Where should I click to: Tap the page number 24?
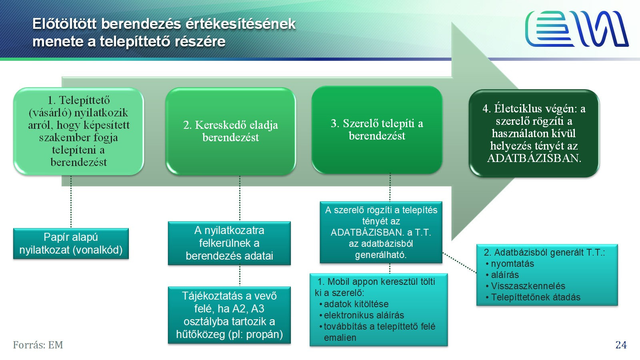coord(621,345)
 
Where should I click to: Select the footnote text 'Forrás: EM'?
coord(38,345)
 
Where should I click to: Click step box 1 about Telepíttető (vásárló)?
coord(78,132)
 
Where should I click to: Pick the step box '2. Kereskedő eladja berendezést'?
coord(230,132)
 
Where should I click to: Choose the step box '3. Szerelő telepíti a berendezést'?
coord(377,130)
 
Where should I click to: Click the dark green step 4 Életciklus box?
coord(534,133)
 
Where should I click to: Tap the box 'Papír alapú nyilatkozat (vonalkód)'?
coord(71,244)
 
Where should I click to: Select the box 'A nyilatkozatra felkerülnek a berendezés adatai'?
coord(229,243)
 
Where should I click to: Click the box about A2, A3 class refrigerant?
coord(229,315)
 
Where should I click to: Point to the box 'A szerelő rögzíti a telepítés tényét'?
coord(381,232)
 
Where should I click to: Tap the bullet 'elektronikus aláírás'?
coord(364,315)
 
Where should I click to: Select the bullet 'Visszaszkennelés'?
coord(528,286)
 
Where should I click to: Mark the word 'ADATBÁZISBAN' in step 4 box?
coord(534,158)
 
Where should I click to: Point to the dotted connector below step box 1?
coord(71,202)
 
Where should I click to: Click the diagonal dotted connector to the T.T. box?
coord(460,263)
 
